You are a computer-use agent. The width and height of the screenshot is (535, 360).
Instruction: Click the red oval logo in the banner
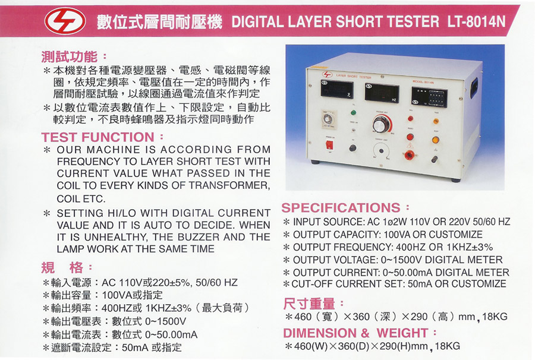pos(65,21)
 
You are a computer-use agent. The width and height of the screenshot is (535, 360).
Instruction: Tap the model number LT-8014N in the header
pos(476,21)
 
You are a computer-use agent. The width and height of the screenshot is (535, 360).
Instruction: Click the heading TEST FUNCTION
pos(97,137)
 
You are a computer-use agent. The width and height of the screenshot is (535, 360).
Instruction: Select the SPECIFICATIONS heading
pos(341,207)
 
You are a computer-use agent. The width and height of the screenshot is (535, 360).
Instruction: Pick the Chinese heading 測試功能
pos(70,56)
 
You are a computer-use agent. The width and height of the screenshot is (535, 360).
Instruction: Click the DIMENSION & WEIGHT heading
pos(355,333)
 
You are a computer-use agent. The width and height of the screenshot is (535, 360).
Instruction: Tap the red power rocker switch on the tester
pos(329,145)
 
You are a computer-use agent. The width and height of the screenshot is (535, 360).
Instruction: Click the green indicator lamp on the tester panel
pos(353,113)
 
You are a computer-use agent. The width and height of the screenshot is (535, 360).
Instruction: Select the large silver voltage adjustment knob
pos(381,124)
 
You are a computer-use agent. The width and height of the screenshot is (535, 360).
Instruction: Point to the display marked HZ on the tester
pos(382,93)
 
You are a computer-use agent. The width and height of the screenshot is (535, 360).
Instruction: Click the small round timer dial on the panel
pos(328,119)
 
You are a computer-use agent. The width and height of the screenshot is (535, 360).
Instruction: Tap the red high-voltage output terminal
pos(408,155)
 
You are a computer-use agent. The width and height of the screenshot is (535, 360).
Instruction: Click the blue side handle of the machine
pos(474,88)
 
